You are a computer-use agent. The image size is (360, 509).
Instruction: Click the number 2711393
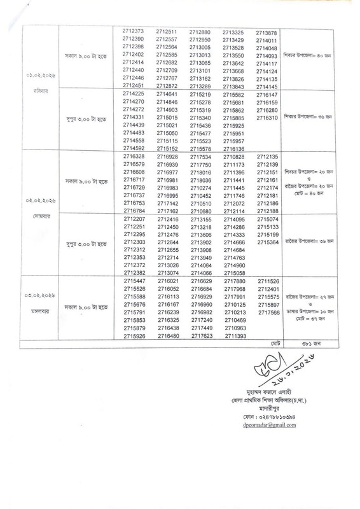click(x=235, y=336)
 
